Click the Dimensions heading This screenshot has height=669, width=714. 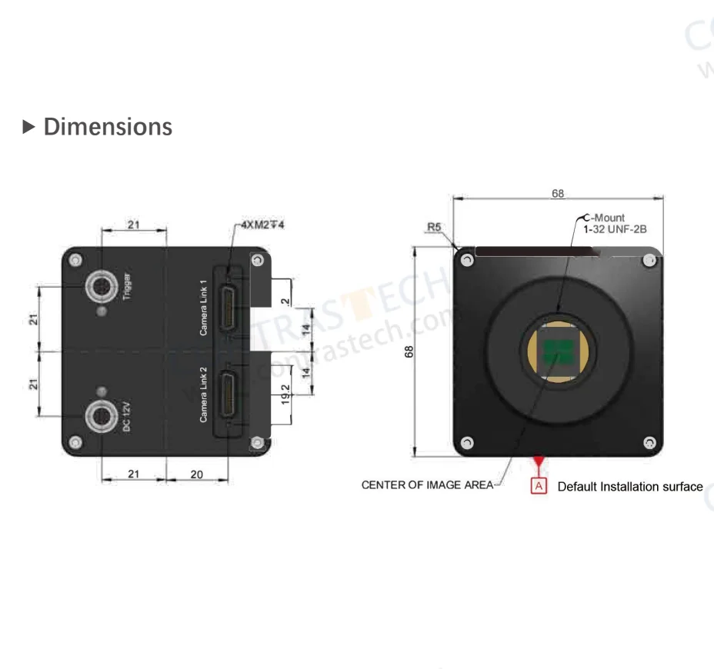click(x=107, y=126)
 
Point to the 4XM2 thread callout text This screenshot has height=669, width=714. click(x=263, y=225)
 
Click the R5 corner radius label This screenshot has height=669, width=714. click(x=434, y=228)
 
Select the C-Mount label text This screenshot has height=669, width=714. click(x=604, y=218)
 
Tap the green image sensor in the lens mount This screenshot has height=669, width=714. click(x=559, y=352)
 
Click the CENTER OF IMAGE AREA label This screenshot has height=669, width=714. click(x=427, y=486)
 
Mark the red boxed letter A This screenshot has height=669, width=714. click(x=539, y=486)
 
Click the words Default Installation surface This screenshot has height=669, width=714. click(x=629, y=486)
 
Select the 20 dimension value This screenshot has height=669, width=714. click(x=196, y=474)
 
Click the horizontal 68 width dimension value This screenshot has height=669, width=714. click(x=558, y=194)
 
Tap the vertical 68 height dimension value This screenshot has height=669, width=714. click(x=409, y=351)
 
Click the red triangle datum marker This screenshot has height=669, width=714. click(x=539, y=461)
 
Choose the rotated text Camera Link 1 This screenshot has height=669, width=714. click(x=204, y=307)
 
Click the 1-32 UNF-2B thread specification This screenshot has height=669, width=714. click(x=614, y=229)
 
